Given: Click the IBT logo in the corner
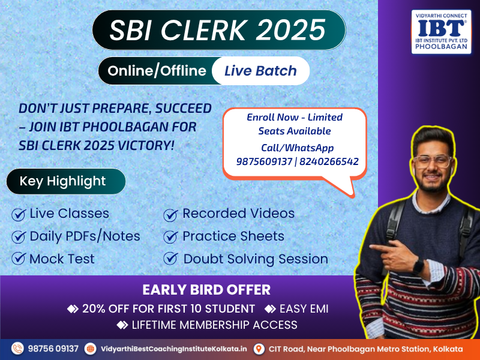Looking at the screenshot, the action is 441,32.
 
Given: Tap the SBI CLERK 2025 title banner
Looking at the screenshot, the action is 219,29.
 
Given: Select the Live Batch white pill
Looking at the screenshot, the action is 260,71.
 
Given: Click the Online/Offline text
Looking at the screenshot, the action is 157,71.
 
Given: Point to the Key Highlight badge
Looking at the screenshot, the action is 66,181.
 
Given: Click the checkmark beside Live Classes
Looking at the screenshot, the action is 19,214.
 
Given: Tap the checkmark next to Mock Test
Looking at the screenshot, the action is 19,259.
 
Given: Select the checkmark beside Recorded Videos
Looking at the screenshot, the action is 170,215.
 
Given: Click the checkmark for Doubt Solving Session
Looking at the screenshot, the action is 170,259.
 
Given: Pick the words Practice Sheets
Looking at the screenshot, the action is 233,236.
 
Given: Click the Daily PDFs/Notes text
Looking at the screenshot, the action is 85,236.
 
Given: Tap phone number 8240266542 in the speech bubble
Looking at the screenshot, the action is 329,161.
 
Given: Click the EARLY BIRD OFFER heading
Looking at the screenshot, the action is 206,290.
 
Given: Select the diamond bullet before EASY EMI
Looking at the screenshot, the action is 270,308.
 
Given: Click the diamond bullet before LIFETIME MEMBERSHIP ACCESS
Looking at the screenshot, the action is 122,325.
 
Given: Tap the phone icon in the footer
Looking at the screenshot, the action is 17,349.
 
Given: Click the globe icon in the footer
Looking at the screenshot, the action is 91,349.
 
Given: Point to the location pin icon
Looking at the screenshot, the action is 259,349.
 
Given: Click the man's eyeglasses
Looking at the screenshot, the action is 432,161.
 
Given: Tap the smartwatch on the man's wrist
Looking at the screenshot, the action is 418,266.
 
